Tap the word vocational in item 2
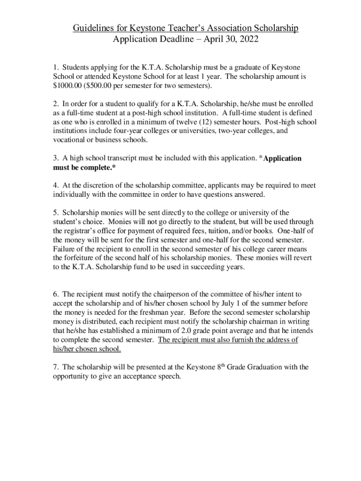coord(70,140)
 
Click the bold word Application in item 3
coord(283,158)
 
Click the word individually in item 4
coord(72,194)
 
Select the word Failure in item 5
coord(65,249)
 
